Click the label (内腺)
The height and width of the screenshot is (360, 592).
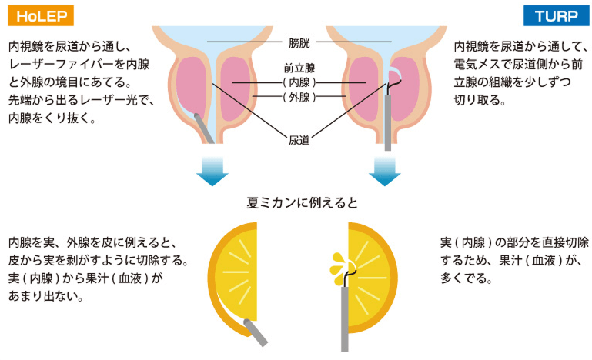(299, 82)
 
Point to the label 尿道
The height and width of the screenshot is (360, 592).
(299, 140)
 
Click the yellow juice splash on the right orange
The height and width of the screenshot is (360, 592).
(338, 265)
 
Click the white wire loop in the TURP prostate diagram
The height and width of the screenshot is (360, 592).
(394, 73)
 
